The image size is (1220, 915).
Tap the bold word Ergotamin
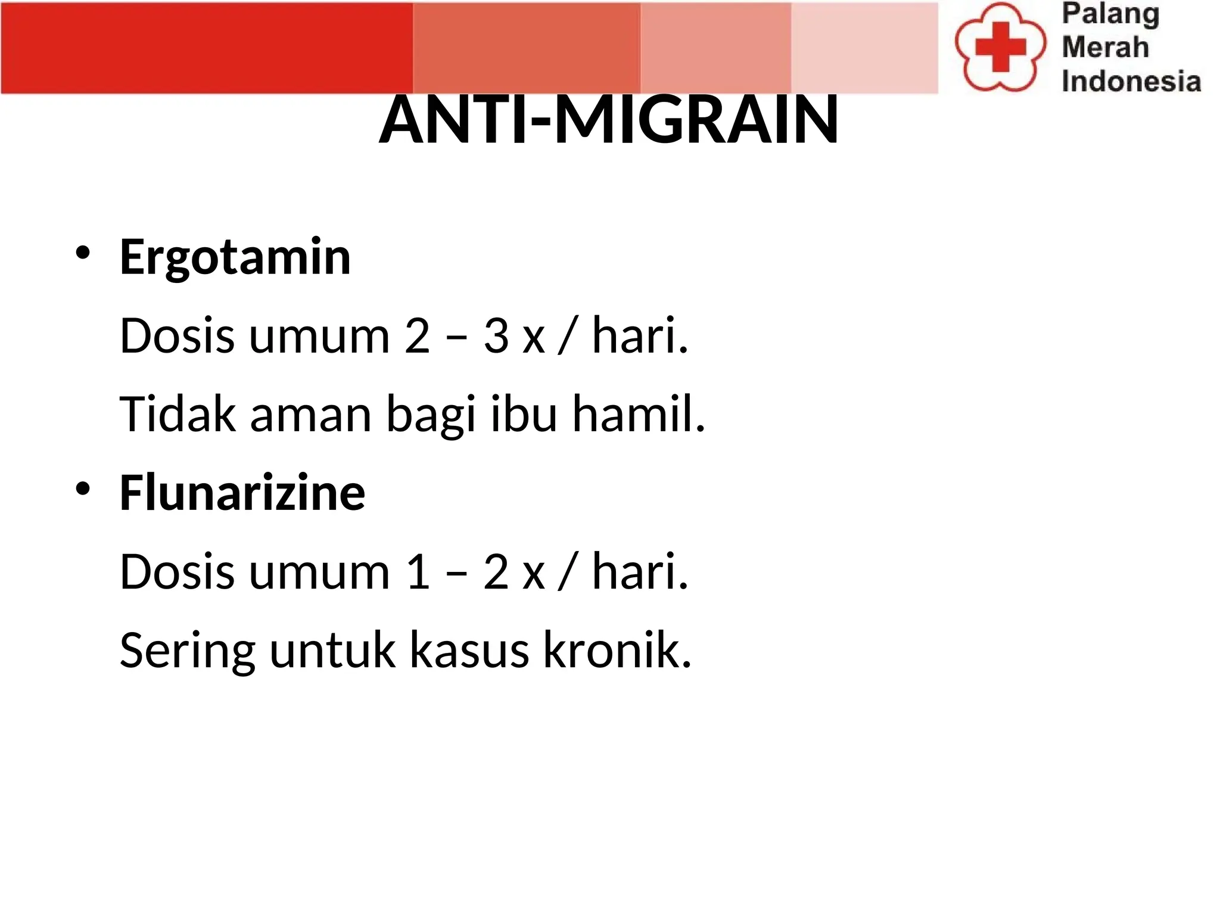pyautogui.click(x=235, y=257)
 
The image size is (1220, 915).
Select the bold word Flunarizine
pyautogui.click(x=242, y=493)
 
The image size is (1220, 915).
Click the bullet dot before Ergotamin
pyautogui.click(x=83, y=253)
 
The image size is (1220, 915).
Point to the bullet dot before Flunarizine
pyautogui.click(x=83, y=489)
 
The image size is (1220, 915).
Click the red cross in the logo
pyautogui.click(x=1000, y=47)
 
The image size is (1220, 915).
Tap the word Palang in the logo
pyautogui.click(x=1110, y=14)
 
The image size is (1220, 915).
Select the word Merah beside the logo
pyautogui.click(x=1105, y=47)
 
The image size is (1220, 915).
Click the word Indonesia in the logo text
pyautogui.click(x=1131, y=81)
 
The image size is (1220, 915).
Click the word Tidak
pyautogui.click(x=178, y=414)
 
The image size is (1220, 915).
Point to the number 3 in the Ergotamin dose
pyautogui.click(x=496, y=336)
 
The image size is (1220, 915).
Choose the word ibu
pyautogui.click(x=524, y=414)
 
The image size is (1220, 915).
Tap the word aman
pyautogui.click(x=311, y=415)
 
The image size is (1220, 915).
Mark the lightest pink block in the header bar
pyautogui.click(x=864, y=48)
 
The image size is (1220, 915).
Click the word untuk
pyautogui.click(x=332, y=650)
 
